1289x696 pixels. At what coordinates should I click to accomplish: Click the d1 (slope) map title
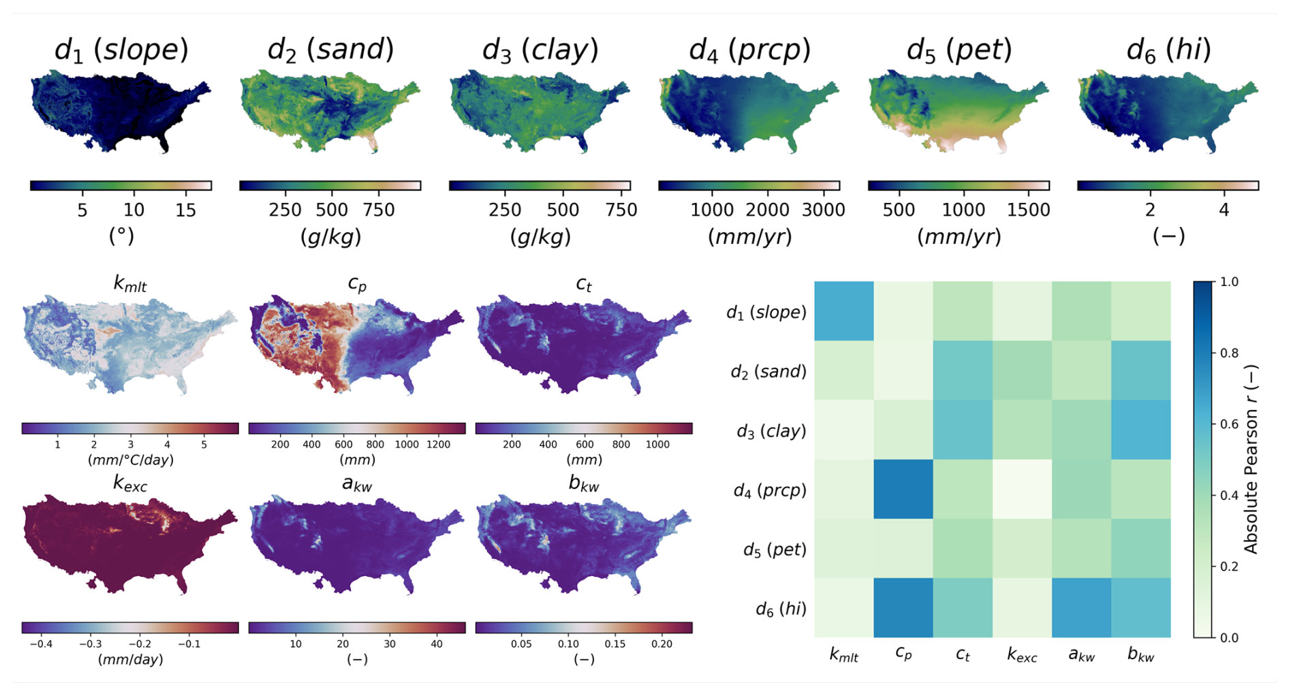click(121, 50)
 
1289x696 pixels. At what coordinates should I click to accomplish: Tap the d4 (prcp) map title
click(749, 50)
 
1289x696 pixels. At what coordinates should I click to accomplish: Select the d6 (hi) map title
click(1168, 50)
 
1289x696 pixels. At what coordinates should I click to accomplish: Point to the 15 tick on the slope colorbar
click(185, 210)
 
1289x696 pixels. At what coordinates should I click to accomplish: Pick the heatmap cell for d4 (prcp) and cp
click(903, 490)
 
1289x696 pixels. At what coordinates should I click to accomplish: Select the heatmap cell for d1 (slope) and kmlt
click(844, 311)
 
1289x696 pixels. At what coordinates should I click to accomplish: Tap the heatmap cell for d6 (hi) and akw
click(1081, 608)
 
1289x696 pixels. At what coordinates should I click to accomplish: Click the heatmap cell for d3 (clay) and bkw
click(1141, 430)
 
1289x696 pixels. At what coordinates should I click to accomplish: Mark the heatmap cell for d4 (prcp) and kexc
click(1022, 490)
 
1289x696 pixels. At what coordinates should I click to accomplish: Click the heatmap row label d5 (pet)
click(774, 550)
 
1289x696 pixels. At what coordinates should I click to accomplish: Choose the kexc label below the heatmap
click(1022, 656)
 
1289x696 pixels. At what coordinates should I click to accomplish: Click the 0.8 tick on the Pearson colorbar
click(1229, 353)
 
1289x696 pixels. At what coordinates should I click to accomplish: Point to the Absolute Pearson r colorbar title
click(1251, 460)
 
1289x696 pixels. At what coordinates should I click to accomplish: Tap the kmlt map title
click(129, 284)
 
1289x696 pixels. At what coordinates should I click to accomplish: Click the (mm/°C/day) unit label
click(130, 460)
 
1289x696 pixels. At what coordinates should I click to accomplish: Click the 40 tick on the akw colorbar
click(437, 644)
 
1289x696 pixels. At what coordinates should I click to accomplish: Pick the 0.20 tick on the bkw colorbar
click(662, 644)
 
